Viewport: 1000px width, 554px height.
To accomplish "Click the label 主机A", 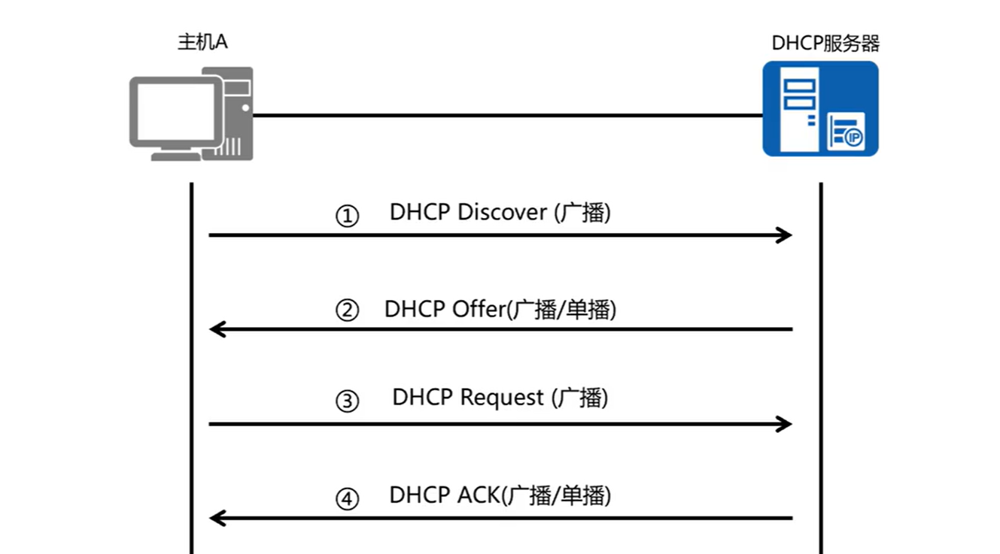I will [x=202, y=42].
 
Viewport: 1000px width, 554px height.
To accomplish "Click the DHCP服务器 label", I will [x=825, y=43].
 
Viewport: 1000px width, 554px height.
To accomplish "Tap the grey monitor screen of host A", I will [x=176, y=113].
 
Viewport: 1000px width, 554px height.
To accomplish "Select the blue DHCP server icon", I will [x=820, y=108].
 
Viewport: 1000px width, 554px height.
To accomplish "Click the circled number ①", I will [x=347, y=217].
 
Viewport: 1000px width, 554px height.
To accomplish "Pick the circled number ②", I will [x=347, y=310].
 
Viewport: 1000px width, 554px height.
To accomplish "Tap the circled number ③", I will [x=347, y=401].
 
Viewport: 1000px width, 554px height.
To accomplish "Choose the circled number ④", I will [x=347, y=500].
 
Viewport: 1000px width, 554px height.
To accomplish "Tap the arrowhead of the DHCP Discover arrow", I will [x=785, y=235].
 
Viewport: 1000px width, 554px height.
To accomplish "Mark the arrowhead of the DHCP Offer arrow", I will [x=217, y=329].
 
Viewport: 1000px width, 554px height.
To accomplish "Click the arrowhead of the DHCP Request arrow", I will [x=785, y=424].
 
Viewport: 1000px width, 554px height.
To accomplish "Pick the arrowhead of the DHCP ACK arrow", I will [x=217, y=518].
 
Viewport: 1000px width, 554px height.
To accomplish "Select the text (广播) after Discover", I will [x=582, y=212].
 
